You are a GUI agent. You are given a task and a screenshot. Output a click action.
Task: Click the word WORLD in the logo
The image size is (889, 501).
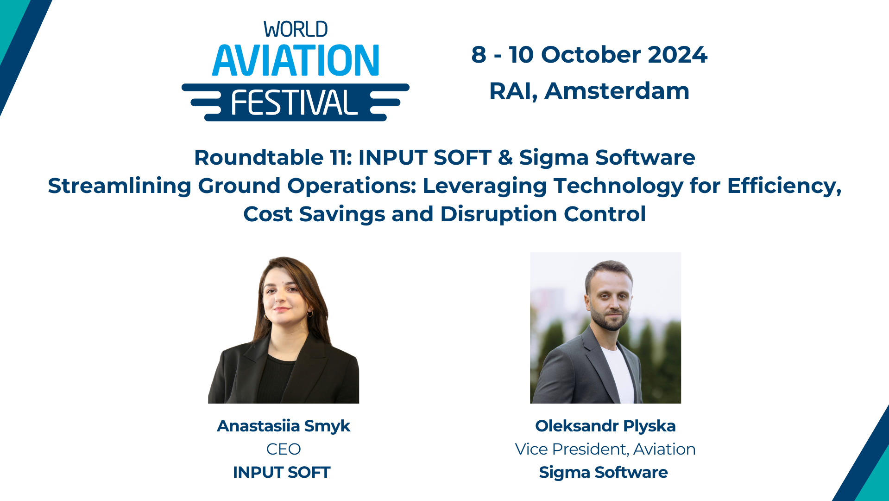point(296,30)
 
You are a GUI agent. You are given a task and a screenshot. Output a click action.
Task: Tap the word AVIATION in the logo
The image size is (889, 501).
point(296,61)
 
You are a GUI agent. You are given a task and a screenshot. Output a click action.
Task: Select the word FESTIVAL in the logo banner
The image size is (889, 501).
point(294,103)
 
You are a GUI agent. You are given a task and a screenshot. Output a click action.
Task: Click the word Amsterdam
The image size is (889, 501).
point(617,91)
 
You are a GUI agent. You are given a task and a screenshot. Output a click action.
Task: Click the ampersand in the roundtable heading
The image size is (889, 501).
point(505,158)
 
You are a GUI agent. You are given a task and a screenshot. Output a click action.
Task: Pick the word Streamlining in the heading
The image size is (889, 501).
point(119,186)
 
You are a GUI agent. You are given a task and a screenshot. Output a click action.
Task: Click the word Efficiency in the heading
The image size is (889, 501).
point(783,186)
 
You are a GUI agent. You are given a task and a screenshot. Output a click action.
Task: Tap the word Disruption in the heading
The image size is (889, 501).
point(498,214)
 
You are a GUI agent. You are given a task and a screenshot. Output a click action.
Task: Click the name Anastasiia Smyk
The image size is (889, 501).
point(284,426)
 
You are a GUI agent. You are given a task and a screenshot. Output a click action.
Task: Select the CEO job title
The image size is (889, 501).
point(284,449)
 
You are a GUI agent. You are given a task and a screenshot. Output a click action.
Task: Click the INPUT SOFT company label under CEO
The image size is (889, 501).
point(282,472)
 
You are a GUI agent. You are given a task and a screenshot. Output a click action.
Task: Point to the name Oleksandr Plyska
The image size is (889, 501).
point(605,426)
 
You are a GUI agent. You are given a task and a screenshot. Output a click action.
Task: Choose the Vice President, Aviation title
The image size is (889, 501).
point(605,449)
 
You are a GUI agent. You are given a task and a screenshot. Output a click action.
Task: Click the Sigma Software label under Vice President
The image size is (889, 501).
point(603,472)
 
